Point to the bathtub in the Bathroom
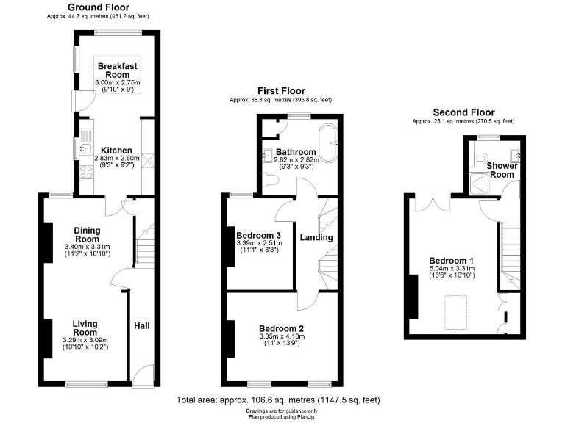coord(327,138)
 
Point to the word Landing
coord(316,237)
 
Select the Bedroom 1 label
coord(451,261)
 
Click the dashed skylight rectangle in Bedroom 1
coord(460,313)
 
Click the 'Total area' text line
coord(278,400)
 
